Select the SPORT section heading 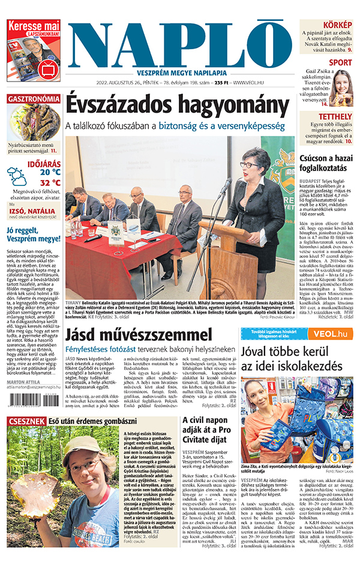click(340, 62)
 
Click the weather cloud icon click(17, 176)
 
